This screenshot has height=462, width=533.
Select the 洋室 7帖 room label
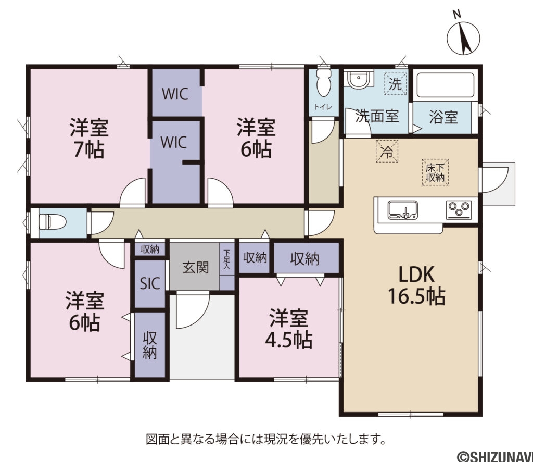[x=88, y=138]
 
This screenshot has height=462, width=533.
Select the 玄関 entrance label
[x=196, y=267]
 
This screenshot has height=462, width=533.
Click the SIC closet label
[x=150, y=283]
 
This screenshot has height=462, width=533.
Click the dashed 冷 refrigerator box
[x=386, y=152]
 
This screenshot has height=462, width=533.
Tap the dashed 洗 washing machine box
[x=396, y=84]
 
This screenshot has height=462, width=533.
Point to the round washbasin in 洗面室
[x=358, y=80]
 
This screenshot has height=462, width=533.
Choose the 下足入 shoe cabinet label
[x=227, y=259]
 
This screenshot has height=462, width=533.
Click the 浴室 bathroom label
[x=443, y=117]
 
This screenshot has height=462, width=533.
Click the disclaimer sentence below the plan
[x=266, y=439]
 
